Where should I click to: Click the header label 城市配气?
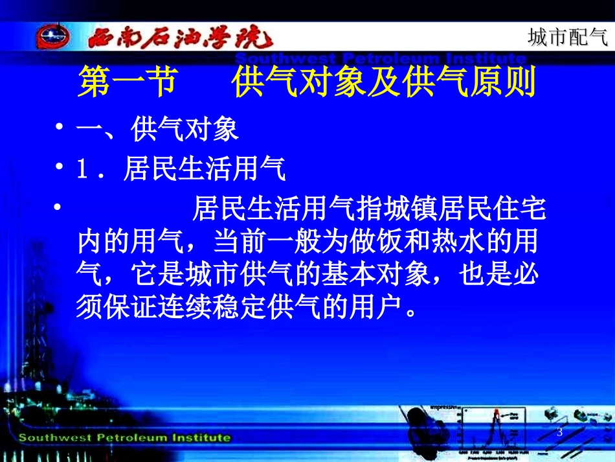pyautogui.click(x=568, y=38)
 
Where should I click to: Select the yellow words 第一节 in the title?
pyautogui.click(x=127, y=84)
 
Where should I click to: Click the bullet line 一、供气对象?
pyautogui.click(x=158, y=130)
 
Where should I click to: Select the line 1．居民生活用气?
pyautogui.click(x=181, y=170)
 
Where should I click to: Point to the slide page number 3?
pyautogui.click(x=559, y=432)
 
